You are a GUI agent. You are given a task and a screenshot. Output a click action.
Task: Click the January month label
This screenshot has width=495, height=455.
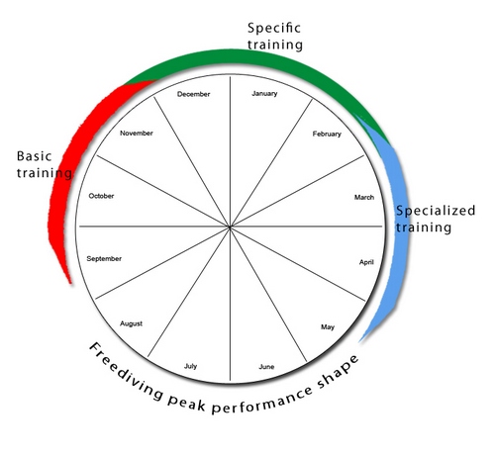[x=264, y=94]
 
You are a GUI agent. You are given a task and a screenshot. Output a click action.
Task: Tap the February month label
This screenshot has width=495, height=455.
[x=327, y=135]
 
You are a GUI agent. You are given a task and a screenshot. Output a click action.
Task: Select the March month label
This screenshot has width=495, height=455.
[x=364, y=197]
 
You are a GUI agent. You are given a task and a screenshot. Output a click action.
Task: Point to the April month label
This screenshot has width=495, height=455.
[x=366, y=262]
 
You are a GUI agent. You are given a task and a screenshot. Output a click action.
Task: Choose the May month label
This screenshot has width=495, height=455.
[x=328, y=327]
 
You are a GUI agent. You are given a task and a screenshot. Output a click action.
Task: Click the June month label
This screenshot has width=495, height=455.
[x=266, y=367]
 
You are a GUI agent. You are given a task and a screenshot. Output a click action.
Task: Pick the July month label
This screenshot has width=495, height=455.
[x=190, y=366]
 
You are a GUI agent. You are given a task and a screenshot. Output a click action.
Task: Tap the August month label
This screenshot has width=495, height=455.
[x=132, y=324]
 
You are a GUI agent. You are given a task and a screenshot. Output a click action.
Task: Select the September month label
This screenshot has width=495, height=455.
[x=104, y=259]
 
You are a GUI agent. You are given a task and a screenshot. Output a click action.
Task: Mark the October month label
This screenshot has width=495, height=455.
[x=101, y=196]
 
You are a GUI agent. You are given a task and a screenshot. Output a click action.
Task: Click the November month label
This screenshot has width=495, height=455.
[x=137, y=134]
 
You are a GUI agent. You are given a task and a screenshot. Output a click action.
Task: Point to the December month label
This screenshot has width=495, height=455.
[x=193, y=94]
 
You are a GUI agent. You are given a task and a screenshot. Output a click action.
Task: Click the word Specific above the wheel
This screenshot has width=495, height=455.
[x=274, y=29]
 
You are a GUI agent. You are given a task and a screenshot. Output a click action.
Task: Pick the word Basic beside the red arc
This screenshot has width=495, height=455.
[x=34, y=156]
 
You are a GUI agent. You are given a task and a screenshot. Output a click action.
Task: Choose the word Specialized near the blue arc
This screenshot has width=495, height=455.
[x=436, y=211]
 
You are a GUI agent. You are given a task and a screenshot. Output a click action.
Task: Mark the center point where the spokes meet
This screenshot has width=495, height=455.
[x=230, y=227]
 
